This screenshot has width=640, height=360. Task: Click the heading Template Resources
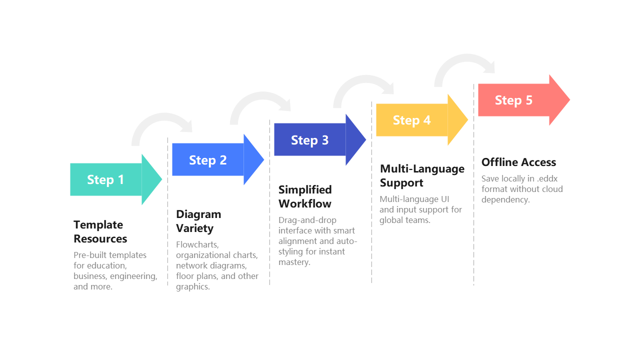[x=100, y=231]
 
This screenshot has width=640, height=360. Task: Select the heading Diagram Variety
[x=198, y=221]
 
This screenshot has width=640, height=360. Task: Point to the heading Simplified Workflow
[x=304, y=196]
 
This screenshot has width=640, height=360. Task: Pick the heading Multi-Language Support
[x=421, y=175]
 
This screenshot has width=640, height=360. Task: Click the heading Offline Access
[x=518, y=162]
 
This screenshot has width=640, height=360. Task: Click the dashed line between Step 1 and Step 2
[x=167, y=225]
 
